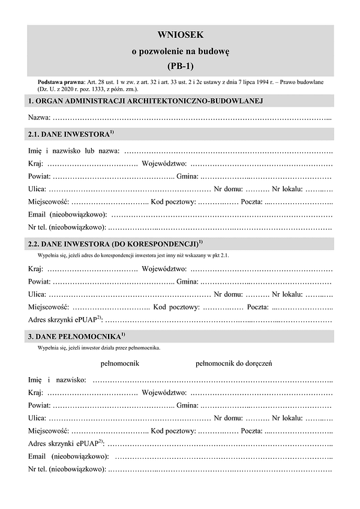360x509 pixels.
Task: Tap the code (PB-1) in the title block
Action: coord(180,65)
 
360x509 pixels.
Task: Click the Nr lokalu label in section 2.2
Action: coord(287,294)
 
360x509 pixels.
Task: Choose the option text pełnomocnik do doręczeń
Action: coord(234,363)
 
